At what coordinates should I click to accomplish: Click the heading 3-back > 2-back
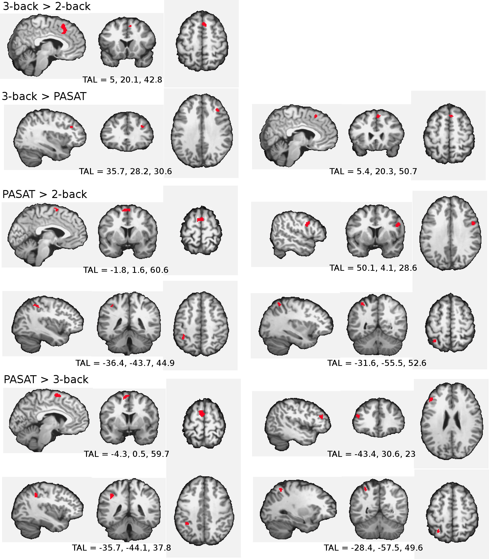[46, 6]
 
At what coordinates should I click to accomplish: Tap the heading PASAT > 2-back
[45, 194]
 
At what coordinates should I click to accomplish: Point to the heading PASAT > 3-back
[46, 379]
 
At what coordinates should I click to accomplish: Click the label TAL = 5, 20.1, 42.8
[122, 80]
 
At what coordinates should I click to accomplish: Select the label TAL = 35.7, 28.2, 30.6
[125, 171]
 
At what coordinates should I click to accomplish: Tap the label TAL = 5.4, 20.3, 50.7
[373, 171]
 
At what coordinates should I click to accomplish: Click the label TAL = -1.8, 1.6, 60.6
[125, 270]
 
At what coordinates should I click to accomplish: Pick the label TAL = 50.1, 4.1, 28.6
[373, 268]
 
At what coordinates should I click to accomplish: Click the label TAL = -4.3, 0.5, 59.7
[126, 454]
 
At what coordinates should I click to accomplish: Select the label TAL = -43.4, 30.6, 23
[371, 454]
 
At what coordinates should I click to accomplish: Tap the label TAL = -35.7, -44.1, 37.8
[121, 548]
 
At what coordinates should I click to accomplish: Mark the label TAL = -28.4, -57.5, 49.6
[373, 548]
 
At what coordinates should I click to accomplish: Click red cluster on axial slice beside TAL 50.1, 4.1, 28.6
[473, 223]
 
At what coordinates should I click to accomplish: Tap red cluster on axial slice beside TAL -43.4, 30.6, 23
[431, 399]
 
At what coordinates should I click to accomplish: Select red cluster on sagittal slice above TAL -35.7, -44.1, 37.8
[36, 495]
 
